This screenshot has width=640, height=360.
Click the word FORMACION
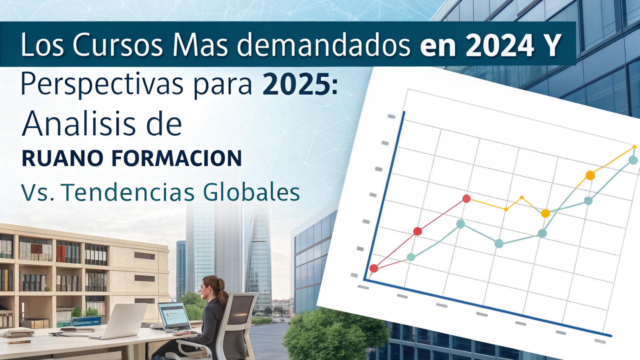coord(177,158)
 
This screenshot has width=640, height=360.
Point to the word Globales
coord(251,192)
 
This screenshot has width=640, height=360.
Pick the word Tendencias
coord(128,192)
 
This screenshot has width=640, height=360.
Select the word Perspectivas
coord(102,85)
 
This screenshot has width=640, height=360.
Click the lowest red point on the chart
coord(374,269)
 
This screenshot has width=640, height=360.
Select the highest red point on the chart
coord(466,199)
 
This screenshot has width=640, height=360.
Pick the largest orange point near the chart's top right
coord(590,175)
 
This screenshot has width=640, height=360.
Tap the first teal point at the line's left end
coord(411,257)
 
